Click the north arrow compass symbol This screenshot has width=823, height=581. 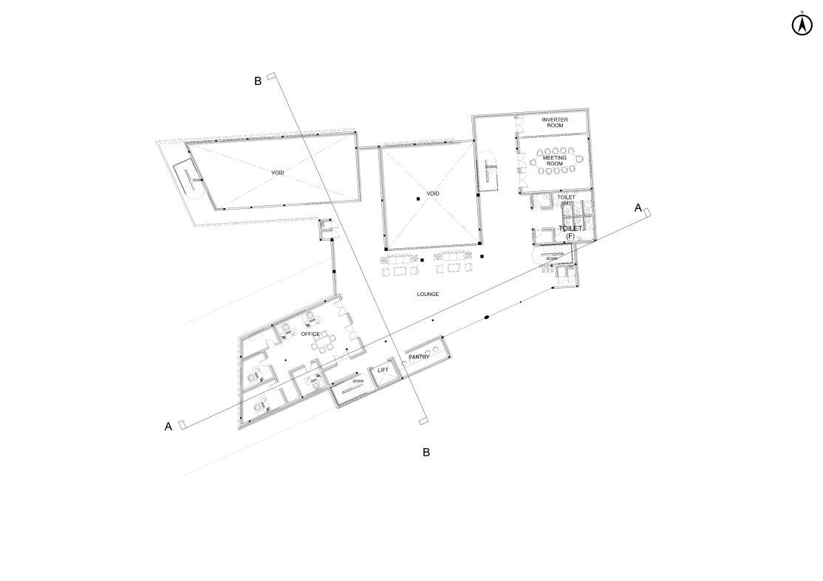coord(802,24)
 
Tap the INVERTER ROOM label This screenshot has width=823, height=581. coord(554,123)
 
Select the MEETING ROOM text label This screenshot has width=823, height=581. coord(555,160)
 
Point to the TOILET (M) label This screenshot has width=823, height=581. coord(566,200)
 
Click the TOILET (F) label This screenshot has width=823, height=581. coord(570,232)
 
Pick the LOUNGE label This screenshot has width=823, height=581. coord(428,295)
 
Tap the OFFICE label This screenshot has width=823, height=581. coord(310,334)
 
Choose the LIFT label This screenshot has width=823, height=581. coord(383,370)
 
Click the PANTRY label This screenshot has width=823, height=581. coord(419,357)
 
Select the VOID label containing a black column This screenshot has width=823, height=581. coord(433,193)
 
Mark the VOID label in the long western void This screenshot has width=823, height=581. coord(277,173)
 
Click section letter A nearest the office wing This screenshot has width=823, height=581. coord(168,426)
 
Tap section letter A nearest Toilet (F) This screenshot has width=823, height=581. coord(638,208)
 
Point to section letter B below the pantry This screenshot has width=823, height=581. coord(426,452)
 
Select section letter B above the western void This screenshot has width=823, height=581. coord(258,81)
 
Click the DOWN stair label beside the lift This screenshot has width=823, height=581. coord(358,381)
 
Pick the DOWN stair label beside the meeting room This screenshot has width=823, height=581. coord(491,167)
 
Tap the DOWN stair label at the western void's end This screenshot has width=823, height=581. coord(197,179)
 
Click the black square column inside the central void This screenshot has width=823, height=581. coord(418,199)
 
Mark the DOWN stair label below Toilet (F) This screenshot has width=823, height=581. coord(552,258)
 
